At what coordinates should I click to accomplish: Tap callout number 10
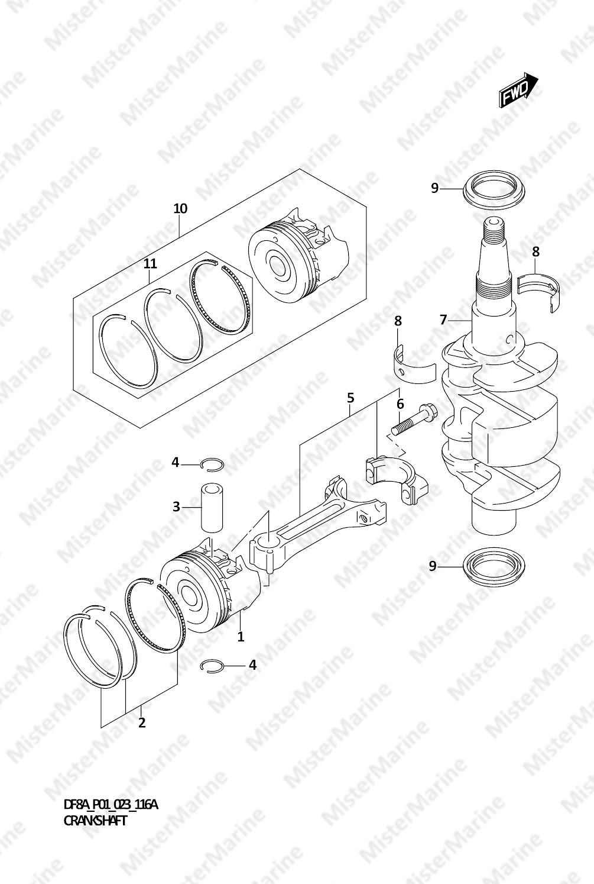click(180, 209)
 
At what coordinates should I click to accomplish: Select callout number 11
click(150, 263)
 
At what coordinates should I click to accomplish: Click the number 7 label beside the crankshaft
click(444, 320)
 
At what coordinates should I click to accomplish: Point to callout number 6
click(400, 404)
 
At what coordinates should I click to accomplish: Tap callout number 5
click(350, 398)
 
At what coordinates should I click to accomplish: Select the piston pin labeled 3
click(212, 507)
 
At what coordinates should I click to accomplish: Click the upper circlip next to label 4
click(212, 464)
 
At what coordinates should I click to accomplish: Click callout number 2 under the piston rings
click(142, 722)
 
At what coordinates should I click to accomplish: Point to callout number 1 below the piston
click(241, 637)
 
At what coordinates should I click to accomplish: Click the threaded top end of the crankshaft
click(493, 231)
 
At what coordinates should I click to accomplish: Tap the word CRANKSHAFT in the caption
click(95, 821)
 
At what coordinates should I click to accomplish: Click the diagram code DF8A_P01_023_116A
click(111, 804)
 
